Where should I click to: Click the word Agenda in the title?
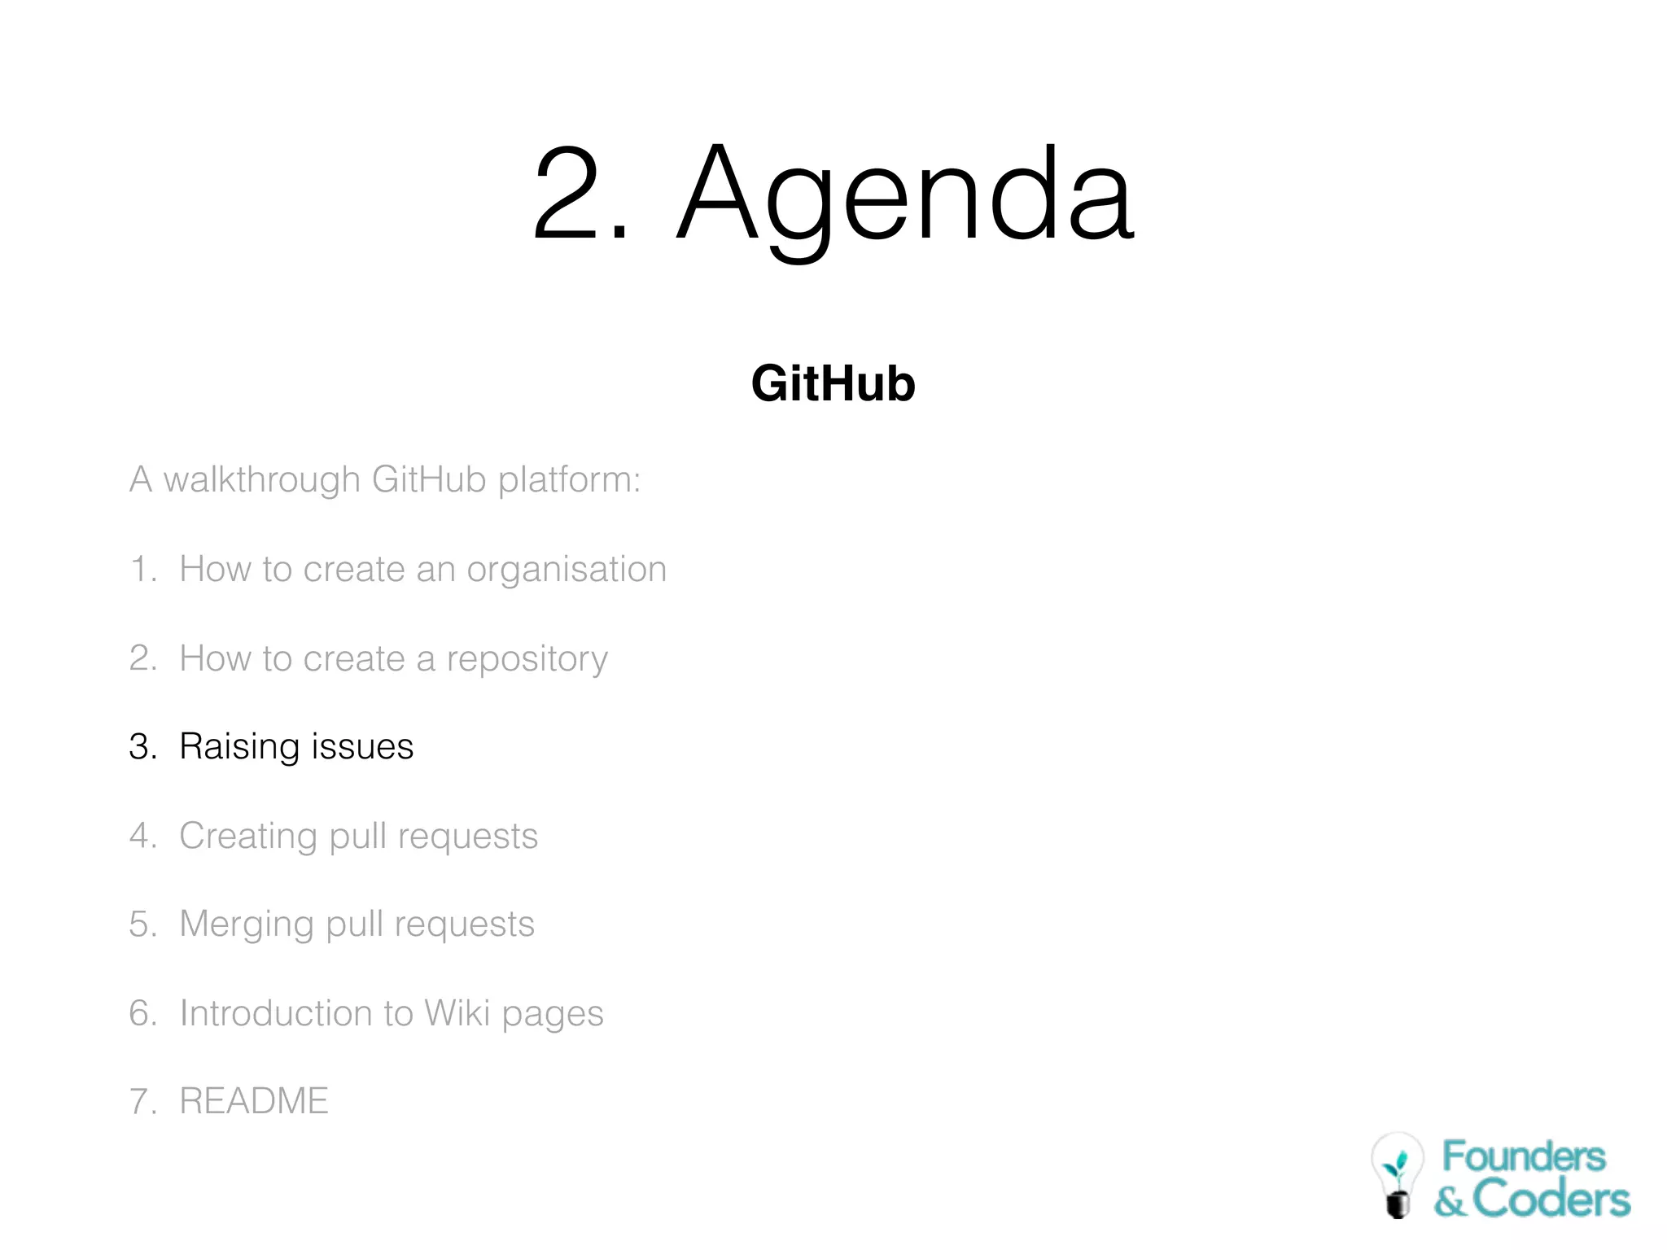tap(905, 195)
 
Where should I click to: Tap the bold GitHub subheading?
tap(833, 383)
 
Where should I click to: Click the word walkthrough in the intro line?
tap(261, 479)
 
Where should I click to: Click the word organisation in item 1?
tap(567, 570)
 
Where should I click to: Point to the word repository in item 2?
tap(527, 659)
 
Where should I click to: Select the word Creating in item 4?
tap(247, 837)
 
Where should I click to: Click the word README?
tap(253, 1101)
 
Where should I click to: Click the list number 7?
tap(141, 1101)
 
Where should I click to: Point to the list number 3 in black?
tap(141, 747)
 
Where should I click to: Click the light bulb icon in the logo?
tap(1398, 1174)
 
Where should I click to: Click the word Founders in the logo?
tap(1523, 1156)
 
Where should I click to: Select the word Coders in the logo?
tap(1551, 1200)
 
